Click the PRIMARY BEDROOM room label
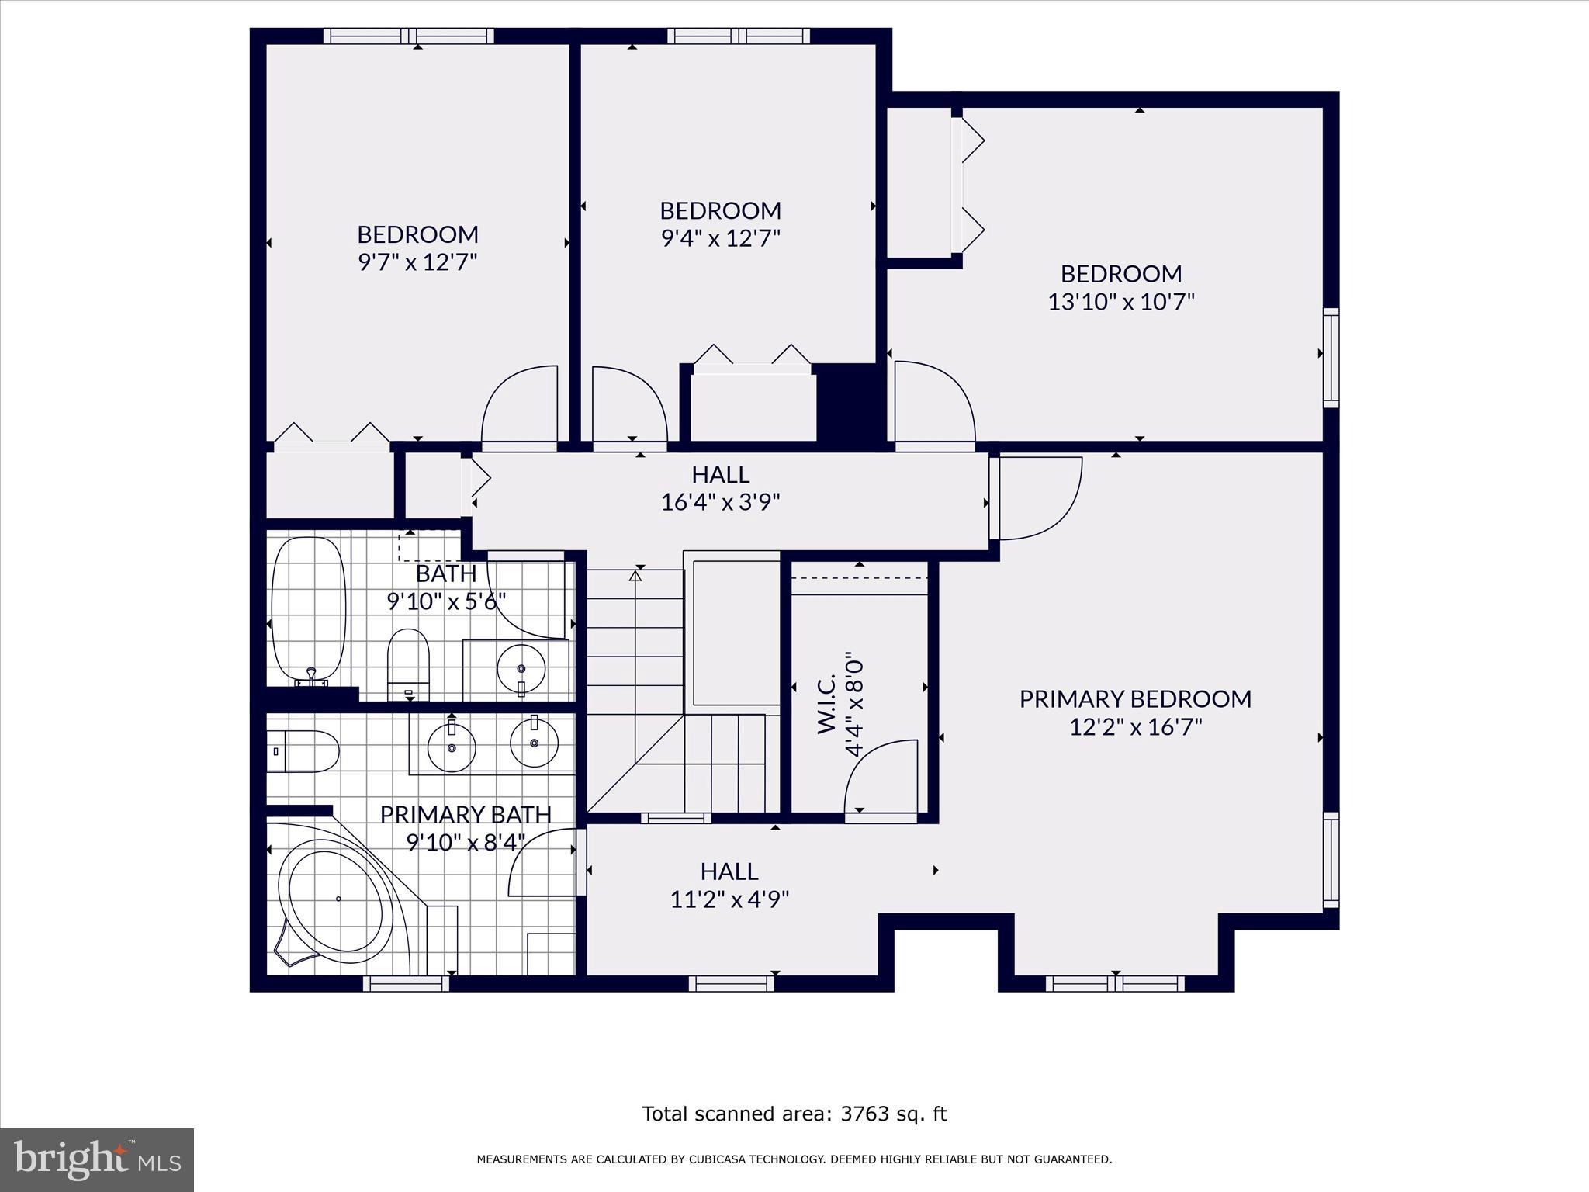click(1135, 698)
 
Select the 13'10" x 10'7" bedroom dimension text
click(1121, 302)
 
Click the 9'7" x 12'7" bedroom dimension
click(417, 262)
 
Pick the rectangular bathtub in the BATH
click(308, 608)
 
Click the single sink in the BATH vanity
click(521, 668)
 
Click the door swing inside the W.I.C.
click(879, 776)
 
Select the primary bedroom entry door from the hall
click(1040, 497)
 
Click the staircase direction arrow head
click(635, 576)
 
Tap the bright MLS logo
click(97, 1160)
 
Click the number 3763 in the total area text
click(864, 1114)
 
